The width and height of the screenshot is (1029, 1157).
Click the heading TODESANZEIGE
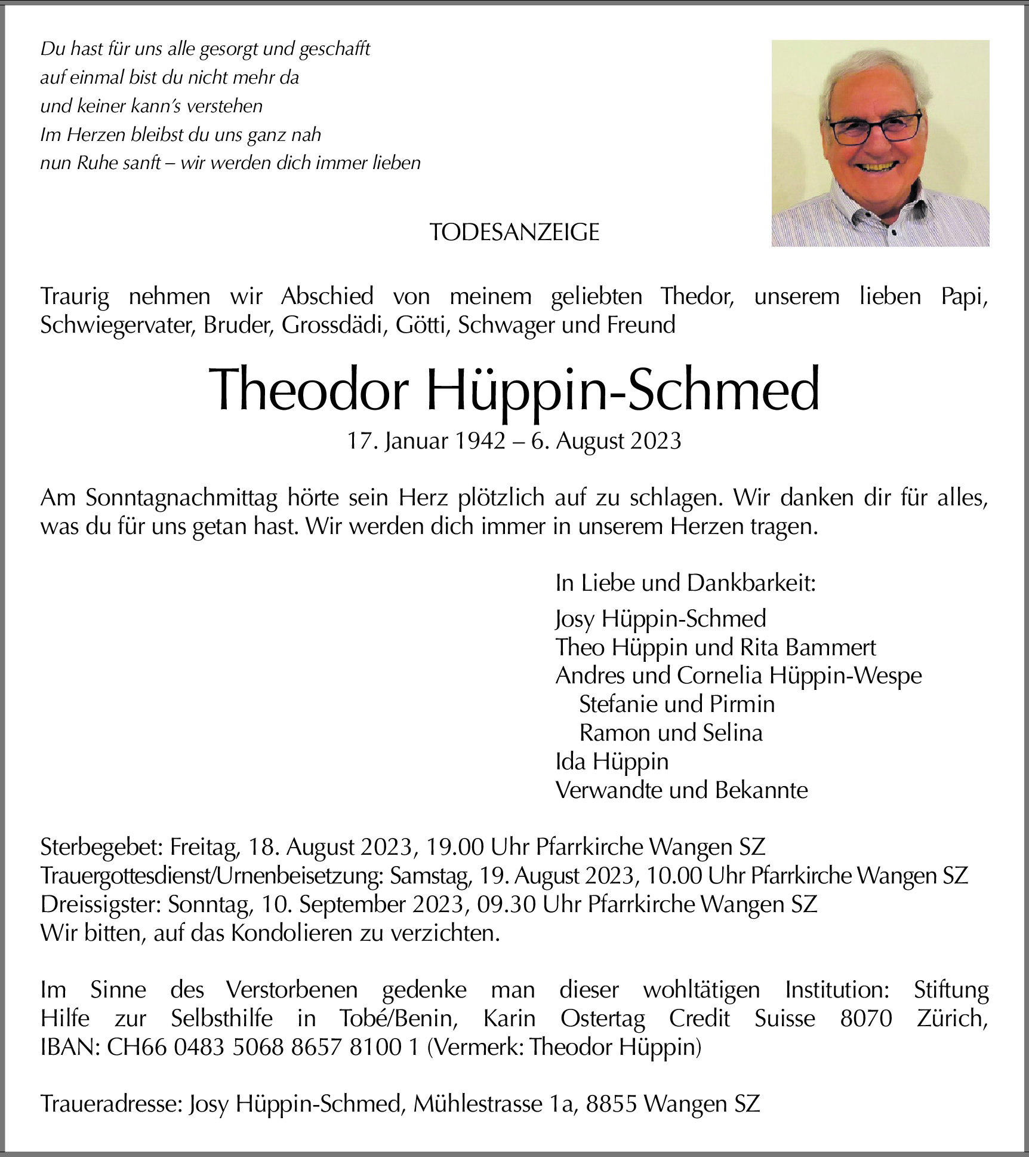pos(514,232)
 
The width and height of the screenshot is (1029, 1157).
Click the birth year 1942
pos(480,441)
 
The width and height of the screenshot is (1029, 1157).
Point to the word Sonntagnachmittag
pos(181,498)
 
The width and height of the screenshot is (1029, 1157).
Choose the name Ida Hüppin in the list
pos(612,762)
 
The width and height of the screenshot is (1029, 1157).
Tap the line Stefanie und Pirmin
pos(677,704)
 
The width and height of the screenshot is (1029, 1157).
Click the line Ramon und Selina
pos(671,733)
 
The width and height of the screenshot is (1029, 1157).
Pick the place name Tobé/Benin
pos(398,1018)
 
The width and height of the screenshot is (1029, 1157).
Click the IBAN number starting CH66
pos(263,1047)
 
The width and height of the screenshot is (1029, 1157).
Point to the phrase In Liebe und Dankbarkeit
pos(685,583)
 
